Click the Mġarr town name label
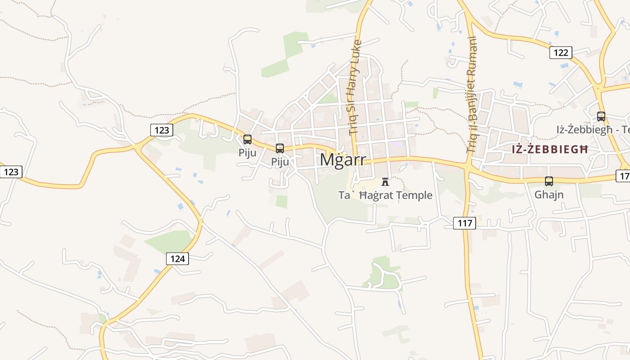[343, 160]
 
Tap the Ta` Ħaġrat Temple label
[385, 195]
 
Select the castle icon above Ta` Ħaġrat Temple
[385, 182]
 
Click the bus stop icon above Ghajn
[549, 181]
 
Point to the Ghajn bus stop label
[549, 195]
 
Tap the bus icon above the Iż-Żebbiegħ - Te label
[601, 117]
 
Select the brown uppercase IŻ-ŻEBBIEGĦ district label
[550, 149]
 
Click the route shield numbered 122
[561, 53]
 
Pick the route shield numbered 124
[178, 259]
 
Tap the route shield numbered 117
[464, 223]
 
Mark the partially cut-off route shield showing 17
[623, 176]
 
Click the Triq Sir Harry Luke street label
[355, 88]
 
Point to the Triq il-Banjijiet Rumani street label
[472, 94]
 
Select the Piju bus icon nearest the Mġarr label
[280, 148]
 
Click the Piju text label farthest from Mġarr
[247, 153]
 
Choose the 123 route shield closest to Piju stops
[162, 130]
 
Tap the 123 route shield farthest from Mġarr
[11, 171]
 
